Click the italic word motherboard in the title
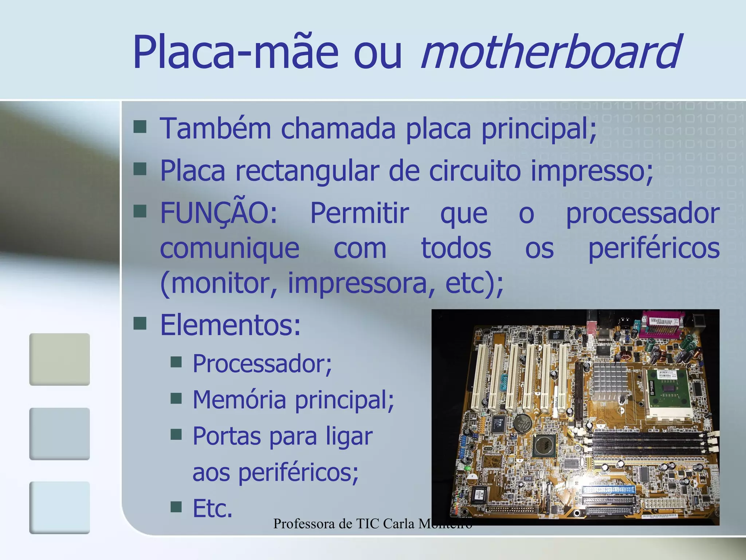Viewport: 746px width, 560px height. [550, 52]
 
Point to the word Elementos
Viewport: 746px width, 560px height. [230, 325]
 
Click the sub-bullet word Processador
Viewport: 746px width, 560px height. [262, 364]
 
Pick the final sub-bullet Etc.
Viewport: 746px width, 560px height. [212, 508]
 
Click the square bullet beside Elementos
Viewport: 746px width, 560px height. [140, 323]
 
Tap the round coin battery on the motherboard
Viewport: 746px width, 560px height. [522, 423]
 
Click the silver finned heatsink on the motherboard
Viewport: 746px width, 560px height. [610, 381]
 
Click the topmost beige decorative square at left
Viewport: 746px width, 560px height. [59, 359]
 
